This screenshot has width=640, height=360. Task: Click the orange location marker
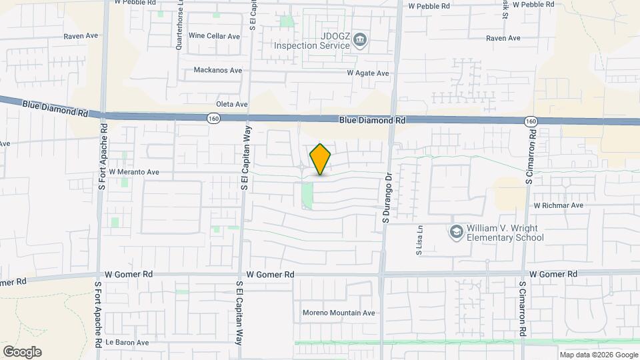tap(321, 159)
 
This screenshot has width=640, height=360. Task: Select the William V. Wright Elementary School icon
tap(457, 232)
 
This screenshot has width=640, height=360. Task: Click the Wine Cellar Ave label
tap(214, 36)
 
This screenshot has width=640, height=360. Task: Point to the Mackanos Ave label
tap(217, 70)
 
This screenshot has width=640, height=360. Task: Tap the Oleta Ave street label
tap(232, 105)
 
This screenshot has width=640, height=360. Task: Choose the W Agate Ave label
tap(367, 73)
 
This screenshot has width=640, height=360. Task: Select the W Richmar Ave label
tap(558, 205)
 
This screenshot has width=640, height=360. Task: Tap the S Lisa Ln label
tap(420, 240)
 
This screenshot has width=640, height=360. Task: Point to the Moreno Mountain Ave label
tap(339, 313)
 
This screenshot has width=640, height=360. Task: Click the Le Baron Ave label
tap(127, 343)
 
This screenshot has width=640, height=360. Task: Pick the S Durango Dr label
tap(385, 197)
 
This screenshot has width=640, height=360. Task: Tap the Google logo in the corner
tap(22, 352)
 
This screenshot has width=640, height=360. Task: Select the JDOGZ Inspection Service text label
tap(312, 41)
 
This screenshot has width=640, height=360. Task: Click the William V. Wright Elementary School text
tap(505, 233)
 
